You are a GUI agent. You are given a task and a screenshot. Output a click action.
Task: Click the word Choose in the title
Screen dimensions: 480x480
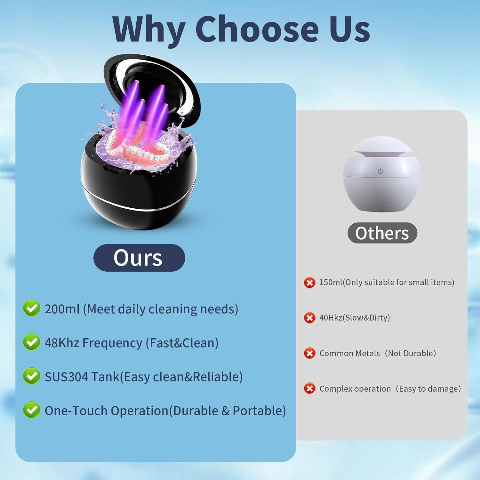[257, 29]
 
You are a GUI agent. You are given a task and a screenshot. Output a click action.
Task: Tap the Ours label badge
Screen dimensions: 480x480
[139, 258]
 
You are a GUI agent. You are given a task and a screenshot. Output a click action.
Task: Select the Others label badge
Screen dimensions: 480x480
[382, 233]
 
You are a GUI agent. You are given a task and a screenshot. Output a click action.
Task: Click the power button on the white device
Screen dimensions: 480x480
[380, 171]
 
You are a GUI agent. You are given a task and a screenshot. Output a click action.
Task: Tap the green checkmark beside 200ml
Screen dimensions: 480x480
[32, 308]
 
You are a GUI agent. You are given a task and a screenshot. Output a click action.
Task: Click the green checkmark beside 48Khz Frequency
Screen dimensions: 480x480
[32, 342]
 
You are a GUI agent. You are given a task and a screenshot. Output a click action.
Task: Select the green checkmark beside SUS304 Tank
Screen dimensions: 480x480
[32, 376]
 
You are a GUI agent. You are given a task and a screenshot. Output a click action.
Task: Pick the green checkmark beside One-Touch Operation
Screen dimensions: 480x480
[32, 410]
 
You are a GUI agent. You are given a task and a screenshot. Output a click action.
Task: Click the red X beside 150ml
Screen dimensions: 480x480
[309, 283]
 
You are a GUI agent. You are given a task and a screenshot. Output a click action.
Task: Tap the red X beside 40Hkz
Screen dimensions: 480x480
[309, 318]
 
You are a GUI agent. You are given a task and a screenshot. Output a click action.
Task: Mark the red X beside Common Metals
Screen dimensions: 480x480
[309, 353]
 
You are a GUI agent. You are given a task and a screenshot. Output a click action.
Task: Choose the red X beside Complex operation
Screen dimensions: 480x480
[309, 388]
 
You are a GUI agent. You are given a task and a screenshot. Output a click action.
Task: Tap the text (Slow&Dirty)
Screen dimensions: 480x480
[366, 318]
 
